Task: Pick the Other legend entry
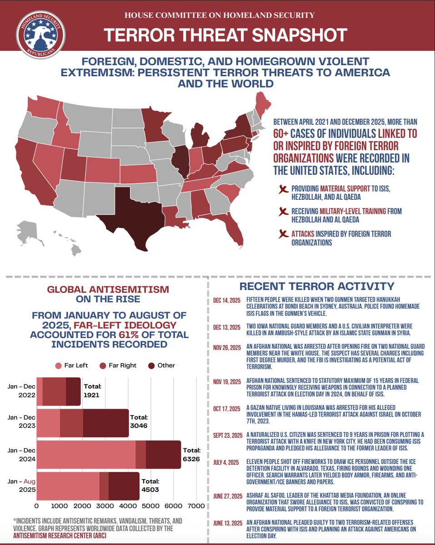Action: click(162, 365)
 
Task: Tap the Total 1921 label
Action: click(92, 390)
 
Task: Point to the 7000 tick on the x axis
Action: click(195, 505)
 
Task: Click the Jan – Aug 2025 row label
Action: click(20, 486)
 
